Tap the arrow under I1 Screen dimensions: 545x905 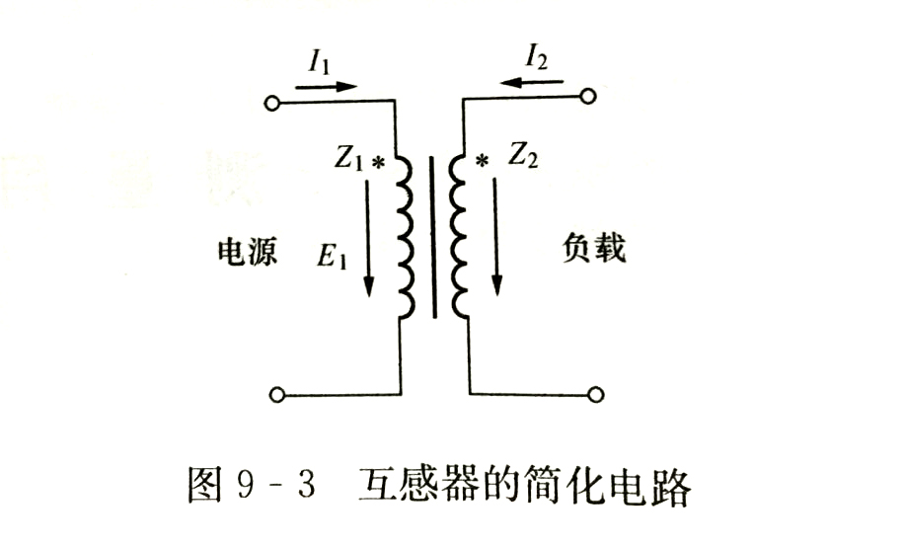point(325,86)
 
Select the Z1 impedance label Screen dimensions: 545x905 point(350,159)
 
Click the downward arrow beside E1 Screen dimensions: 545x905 point(369,238)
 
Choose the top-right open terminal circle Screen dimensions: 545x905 point(589,97)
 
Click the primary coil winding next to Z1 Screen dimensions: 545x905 point(406,238)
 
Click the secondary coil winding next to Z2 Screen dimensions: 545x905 point(459,236)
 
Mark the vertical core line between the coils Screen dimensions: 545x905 point(431,236)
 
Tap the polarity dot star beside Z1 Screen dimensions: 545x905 point(377,161)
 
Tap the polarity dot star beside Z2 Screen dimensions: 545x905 point(483,159)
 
